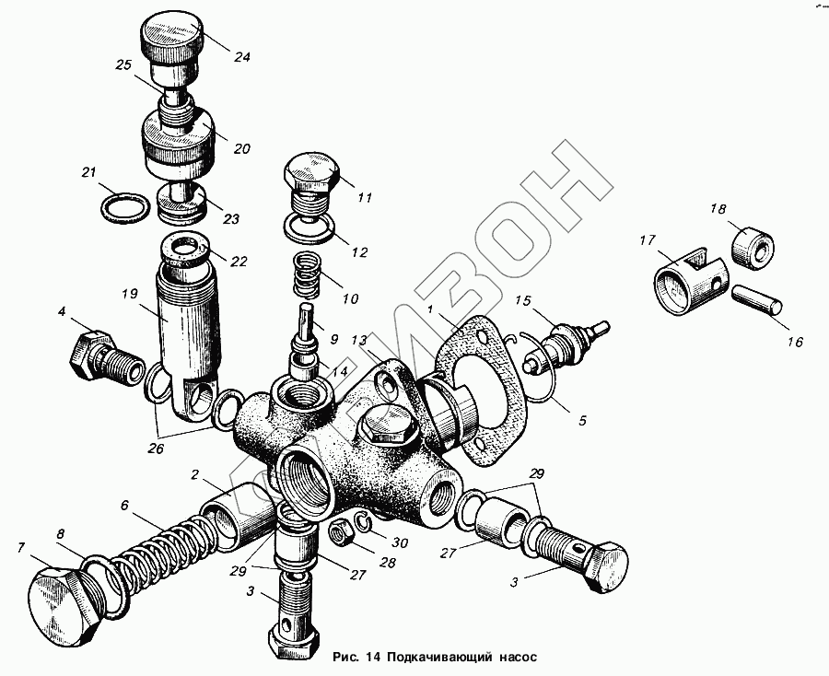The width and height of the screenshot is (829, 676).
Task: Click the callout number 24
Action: [x=241, y=56]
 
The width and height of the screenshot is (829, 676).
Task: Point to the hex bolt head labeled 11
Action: [x=310, y=173]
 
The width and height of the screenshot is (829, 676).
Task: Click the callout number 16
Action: [x=795, y=342]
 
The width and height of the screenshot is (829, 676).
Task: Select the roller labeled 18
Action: [x=753, y=244]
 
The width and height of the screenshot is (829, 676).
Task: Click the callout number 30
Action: [x=400, y=542]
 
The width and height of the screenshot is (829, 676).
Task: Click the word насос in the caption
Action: [x=518, y=657]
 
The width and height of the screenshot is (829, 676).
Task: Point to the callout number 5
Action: [x=582, y=421]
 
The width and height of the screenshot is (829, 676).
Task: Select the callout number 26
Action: [x=156, y=449]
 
